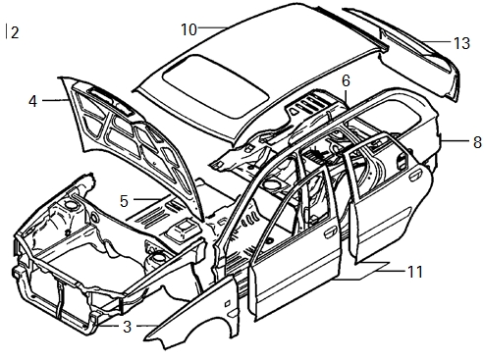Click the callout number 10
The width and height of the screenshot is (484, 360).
[x=189, y=29]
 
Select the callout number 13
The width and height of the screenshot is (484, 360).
[x=461, y=43]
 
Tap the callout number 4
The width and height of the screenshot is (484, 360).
[x=32, y=101]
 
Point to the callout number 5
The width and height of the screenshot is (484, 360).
[x=124, y=201]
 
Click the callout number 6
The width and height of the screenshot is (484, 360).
[x=346, y=80]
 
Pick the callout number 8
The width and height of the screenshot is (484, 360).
[x=477, y=142]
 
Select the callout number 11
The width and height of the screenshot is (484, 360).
[x=415, y=272]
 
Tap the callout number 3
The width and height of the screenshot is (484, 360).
[x=128, y=327]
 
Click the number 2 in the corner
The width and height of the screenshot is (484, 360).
[x=15, y=32]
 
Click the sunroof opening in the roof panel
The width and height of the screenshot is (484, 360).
[x=216, y=85]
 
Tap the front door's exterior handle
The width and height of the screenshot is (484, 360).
[x=330, y=232]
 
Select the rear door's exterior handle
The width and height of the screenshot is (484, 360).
[x=416, y=176]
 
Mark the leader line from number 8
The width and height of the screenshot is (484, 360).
[x=456, y=141]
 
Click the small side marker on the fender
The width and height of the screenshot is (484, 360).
[x=227, y=304]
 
